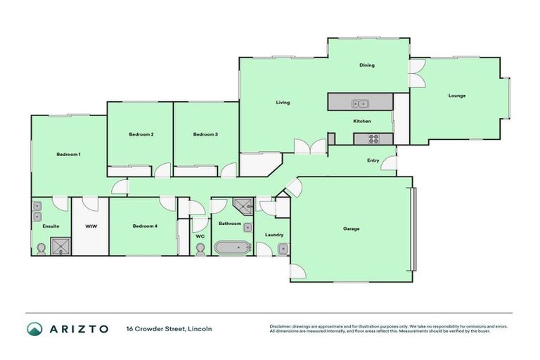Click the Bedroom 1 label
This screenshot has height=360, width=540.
tap(69, 154)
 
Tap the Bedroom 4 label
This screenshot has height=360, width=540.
tap(145, 226)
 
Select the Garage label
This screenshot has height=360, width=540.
tap(352, 229)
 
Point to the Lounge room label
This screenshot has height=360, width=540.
tap(457, 96)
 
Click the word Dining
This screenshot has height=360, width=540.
tap(367, 65)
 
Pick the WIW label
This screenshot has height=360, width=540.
tap(91, 226)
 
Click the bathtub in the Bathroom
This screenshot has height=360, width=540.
tap(232, 247)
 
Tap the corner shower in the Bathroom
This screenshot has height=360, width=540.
tap(243, 205)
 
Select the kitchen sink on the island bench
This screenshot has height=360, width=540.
tap(361, 105)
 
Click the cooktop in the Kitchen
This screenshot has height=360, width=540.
tap(371, 139)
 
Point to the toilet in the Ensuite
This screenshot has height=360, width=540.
tap(41, 248)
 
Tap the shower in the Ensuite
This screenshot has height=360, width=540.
tap(60, 245)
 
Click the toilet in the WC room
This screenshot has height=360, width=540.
tap(200, 250)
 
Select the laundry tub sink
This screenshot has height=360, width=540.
tap(282, 247)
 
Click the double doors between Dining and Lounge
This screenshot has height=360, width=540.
tap(417, 75)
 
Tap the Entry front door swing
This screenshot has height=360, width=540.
tap(389, 165)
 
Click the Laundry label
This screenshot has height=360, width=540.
tap(274, 235)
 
